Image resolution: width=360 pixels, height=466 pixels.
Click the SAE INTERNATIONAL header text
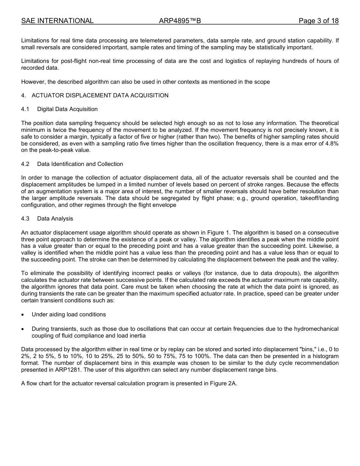[x=57, y=21]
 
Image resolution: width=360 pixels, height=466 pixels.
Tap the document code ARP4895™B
[x=180, y=21]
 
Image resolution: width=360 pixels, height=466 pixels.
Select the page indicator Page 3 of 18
[x=318, y=21]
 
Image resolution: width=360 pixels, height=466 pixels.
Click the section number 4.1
[x=25, y=109]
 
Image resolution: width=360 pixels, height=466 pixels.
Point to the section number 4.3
[x=25, y=219]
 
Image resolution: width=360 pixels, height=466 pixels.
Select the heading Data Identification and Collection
[x=80, y=164]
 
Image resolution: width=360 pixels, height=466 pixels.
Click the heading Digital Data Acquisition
[x=67, y=109]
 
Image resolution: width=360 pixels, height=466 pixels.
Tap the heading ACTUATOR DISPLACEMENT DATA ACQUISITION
[x=100, y=95]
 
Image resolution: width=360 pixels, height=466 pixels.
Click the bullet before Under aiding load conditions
[x=23, y=315]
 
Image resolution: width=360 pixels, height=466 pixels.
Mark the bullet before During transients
[x=23, y=329]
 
